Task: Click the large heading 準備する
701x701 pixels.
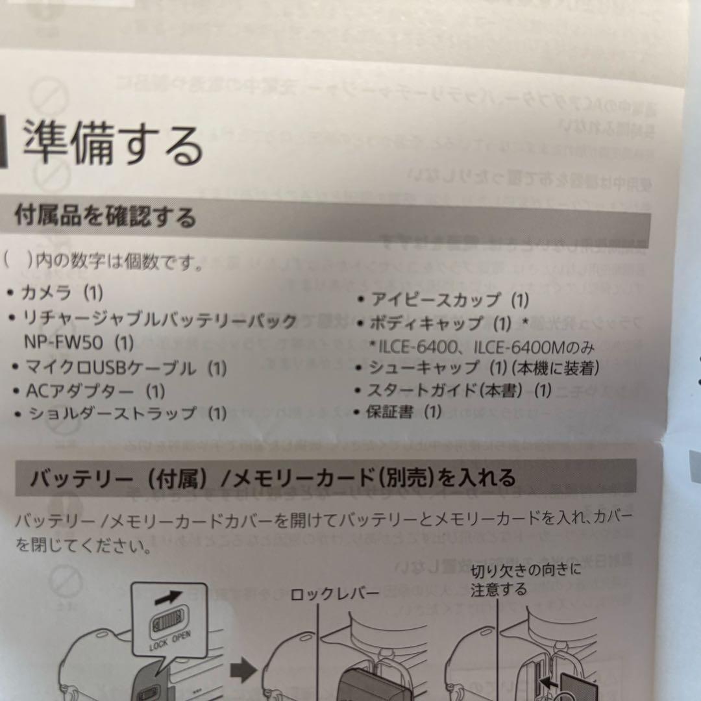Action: point(114,144)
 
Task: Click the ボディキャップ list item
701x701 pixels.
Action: point(449,323)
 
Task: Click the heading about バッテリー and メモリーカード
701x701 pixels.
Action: point(273,478)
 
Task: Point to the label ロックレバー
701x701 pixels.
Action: point(334,594)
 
